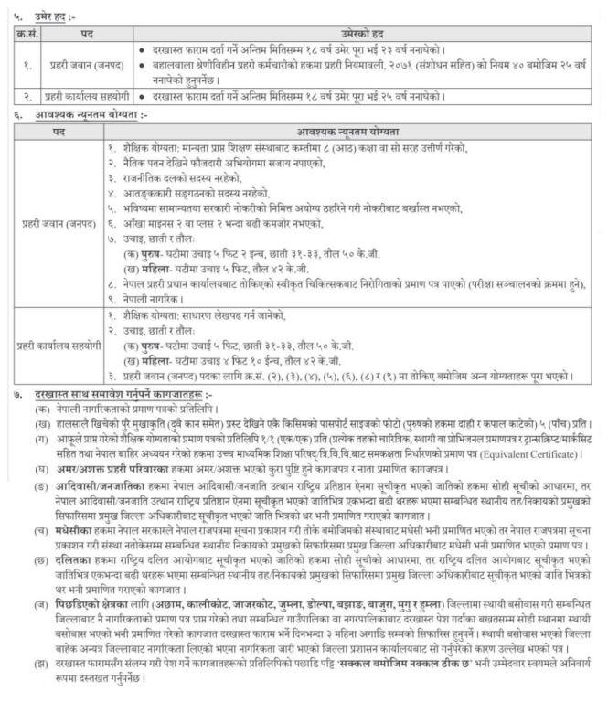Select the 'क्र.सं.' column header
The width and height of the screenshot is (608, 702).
(x=27, y=27)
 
